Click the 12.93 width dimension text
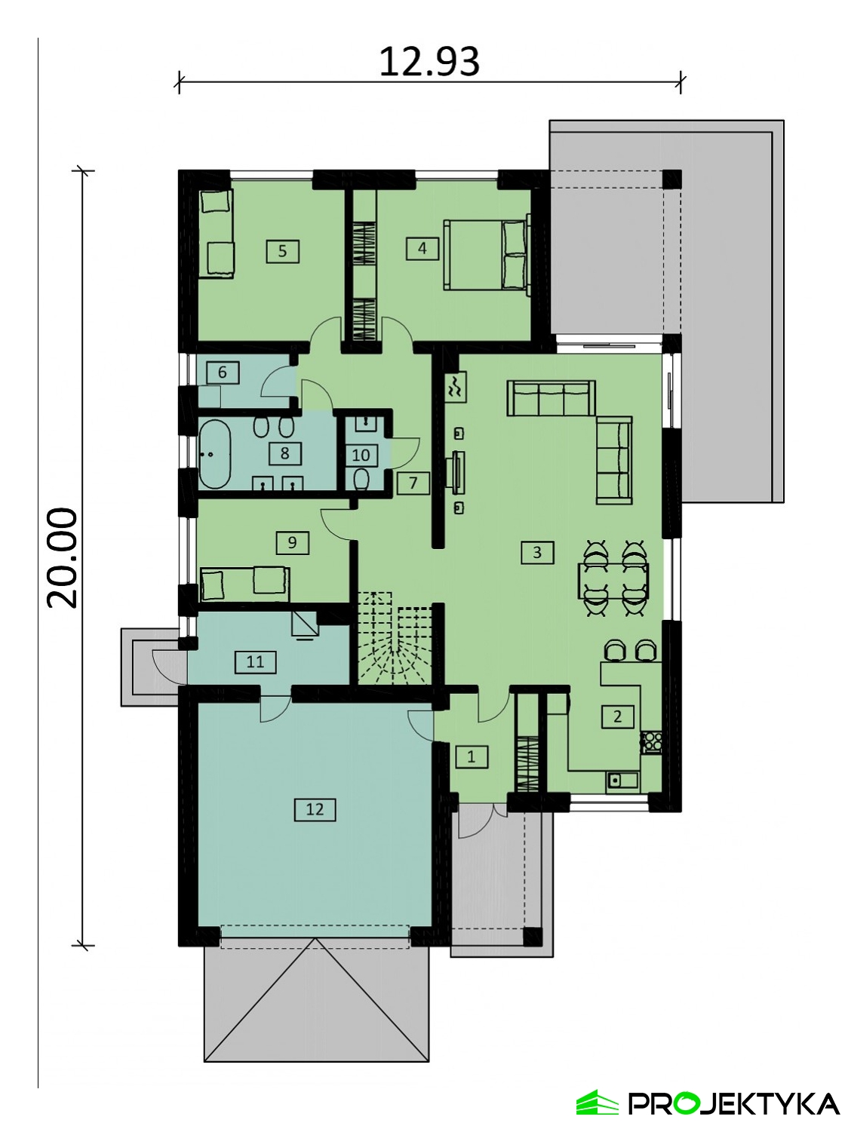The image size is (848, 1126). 429,62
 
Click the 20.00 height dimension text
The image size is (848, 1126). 62,558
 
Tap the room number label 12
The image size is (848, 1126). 315,809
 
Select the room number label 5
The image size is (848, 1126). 283,251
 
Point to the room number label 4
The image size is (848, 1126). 422,248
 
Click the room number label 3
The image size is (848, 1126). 537,553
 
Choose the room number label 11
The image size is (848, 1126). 256,662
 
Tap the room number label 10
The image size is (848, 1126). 361,455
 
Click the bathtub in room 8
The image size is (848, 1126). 214,455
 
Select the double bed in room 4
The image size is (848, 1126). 486,254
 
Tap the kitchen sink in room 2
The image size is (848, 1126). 622,781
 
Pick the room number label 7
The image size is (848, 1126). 413,483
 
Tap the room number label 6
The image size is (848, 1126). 223,372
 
